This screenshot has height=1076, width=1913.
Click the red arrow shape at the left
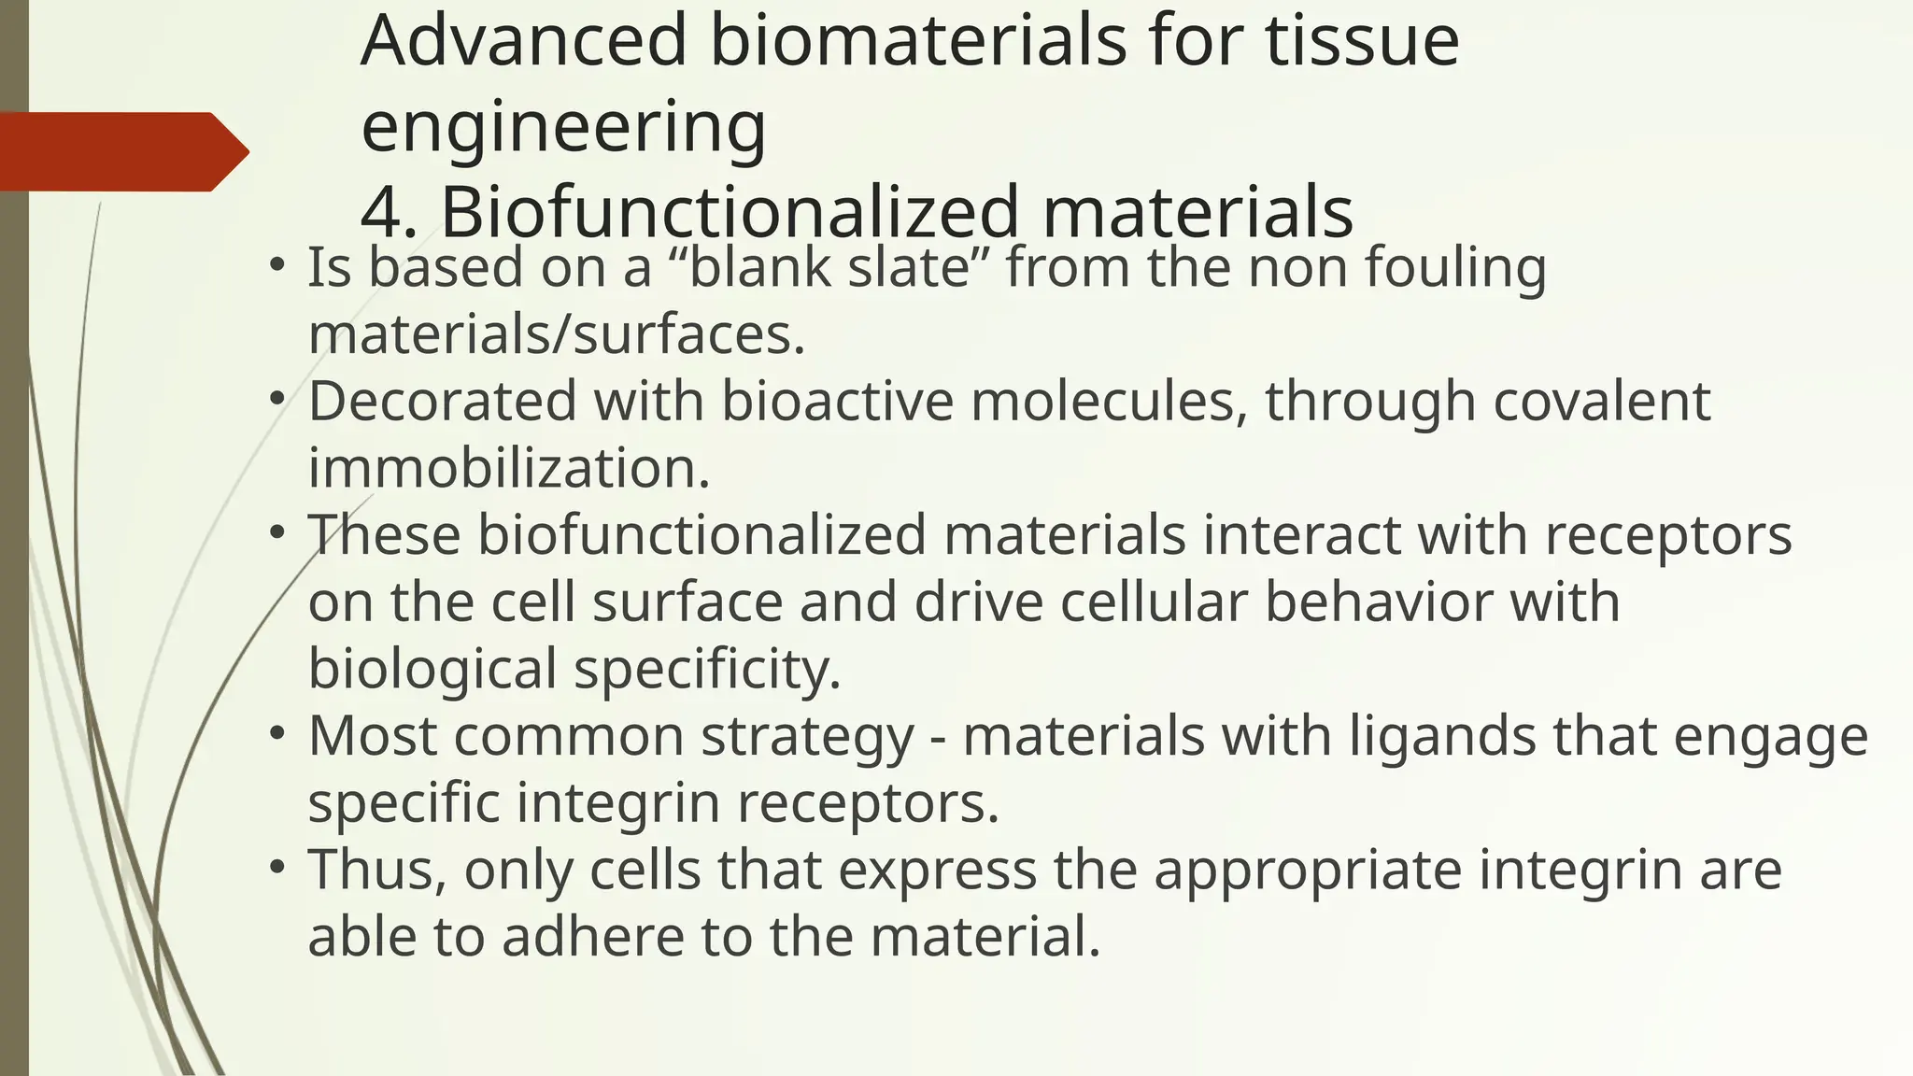[121, 151]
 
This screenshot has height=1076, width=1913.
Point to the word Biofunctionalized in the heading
[729, 212]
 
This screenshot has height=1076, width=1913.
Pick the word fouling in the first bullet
[1455, 267]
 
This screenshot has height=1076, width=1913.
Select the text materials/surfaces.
[557, 334]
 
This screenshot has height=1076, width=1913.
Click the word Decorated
[442, 402]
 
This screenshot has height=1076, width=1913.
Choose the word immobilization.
[509, 468]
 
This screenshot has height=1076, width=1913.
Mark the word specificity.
[707, 669]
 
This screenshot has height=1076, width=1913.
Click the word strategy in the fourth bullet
[807, 736]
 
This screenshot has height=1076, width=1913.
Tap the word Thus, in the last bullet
[377, 870]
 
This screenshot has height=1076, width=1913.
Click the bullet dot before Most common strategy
[276, 733]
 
